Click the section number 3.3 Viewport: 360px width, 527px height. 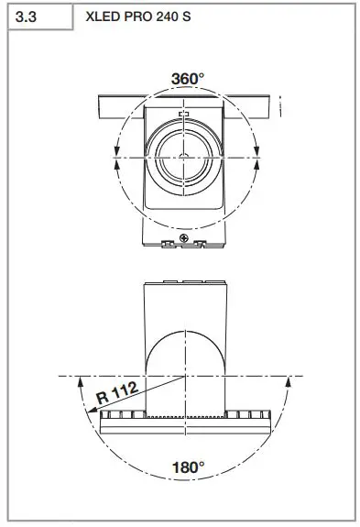26,16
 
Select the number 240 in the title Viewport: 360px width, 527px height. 167,16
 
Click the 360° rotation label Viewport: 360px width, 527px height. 188,79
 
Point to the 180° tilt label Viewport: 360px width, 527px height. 188,467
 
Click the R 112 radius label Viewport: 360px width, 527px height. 117,392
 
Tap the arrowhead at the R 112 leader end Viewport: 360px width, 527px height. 92,410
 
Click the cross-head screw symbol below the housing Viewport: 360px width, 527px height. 184,238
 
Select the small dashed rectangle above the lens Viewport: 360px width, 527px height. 184,114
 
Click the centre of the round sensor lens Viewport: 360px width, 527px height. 184,157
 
